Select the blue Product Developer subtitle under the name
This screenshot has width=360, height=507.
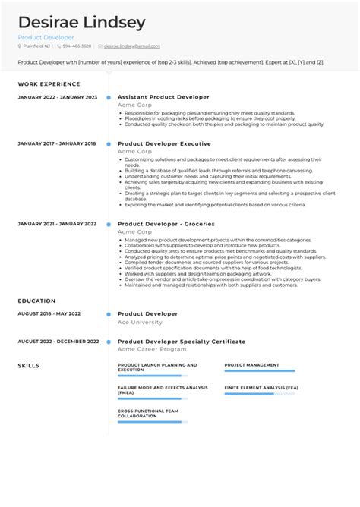click(x=46, y=37)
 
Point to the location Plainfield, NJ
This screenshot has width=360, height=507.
click(x=39, y=46)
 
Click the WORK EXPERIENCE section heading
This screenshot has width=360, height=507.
click(x=49, y=84)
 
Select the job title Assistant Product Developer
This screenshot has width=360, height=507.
click(x=163, y=97)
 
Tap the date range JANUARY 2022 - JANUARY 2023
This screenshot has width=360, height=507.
click(x=57, y=97)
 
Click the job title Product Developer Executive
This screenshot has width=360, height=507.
click(x=164, y=143)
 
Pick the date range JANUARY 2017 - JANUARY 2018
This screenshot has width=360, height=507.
click(x=57, y=143)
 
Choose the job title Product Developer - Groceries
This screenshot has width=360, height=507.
click(x=166, y=224)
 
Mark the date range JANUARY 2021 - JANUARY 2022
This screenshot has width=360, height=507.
click(x=57, y=224)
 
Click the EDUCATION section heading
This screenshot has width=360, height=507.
click(x=37, y=301)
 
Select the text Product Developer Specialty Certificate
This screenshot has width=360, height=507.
click(x=182, y=342)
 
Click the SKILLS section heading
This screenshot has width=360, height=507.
click(x=29, y=365)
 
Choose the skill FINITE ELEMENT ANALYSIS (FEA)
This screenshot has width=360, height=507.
click(x=261, y=388)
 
